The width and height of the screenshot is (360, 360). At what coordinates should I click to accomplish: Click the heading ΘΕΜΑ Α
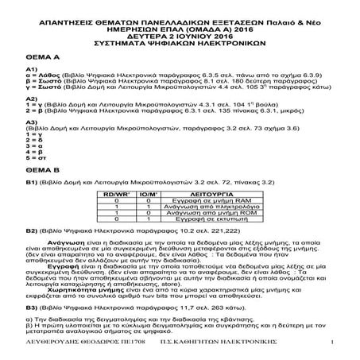click(x=43, y=58)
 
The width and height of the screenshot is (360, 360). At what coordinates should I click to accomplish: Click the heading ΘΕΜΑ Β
click(x=43, y=168)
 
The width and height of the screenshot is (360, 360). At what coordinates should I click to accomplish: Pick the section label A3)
click(x=33, y=122)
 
